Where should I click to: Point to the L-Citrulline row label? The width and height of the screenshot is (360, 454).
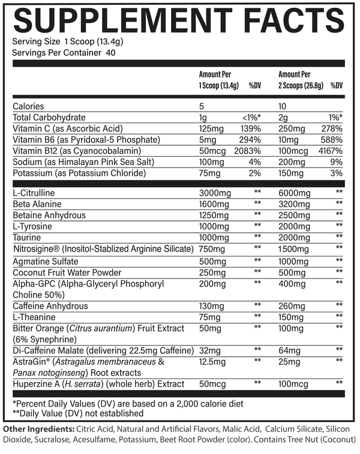click(35, 193)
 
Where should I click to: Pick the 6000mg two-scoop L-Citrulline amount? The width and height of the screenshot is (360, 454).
click(293, 193)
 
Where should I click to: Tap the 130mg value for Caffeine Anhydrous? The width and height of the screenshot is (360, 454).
click(210, 306)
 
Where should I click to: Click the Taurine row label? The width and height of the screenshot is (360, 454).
click(27, 238)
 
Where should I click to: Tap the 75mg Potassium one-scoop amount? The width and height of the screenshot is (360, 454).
click(208, 174)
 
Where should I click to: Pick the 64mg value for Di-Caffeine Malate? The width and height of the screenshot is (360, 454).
click(289, 350)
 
